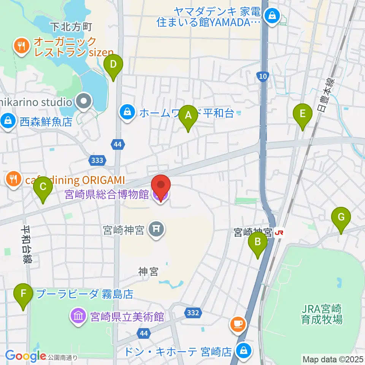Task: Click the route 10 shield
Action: coord(261,76)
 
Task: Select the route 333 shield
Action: coord(97,161)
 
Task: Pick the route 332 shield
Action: coord(193,313)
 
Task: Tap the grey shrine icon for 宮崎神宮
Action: coord(156,229)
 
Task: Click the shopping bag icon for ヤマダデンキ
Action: coord(273,16)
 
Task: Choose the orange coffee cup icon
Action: coord(238,324)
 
